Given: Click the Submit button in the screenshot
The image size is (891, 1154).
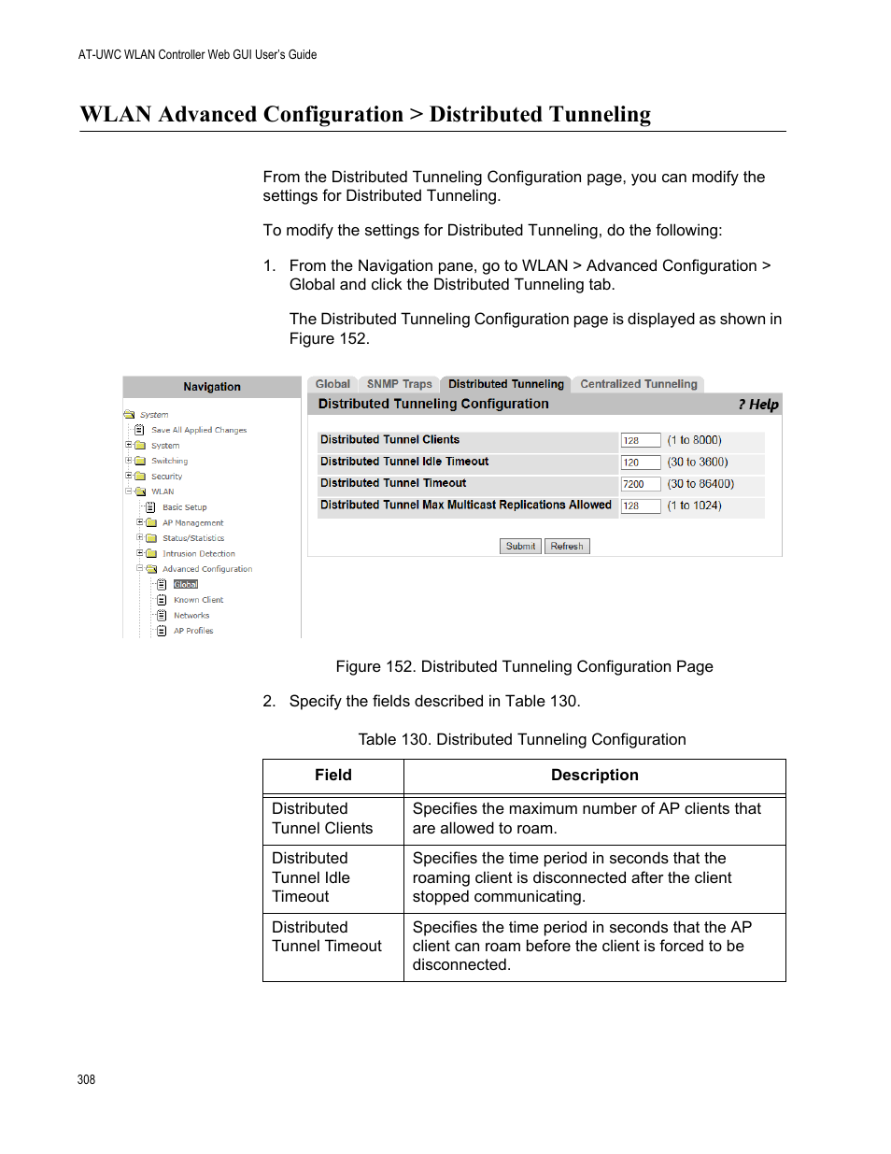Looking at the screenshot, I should [x=520, y=546].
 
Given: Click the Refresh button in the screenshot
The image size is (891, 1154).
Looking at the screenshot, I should [x=567, y=546].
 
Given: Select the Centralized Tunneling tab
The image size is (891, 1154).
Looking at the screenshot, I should [x=638, y=384].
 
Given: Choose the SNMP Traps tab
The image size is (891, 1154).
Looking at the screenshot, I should [x=399, y=384].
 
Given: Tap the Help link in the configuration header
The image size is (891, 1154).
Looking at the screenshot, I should [x=758, y=405].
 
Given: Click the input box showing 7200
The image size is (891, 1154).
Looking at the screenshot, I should [x=640, y=484].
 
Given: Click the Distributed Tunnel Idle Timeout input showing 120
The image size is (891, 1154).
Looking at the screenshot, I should [x=640, y=463].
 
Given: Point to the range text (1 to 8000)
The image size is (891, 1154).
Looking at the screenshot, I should [x=694, y=440].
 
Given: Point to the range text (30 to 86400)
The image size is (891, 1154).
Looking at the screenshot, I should [x=700, y=484].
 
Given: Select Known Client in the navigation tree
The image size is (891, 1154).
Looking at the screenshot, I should [x=198, y=600].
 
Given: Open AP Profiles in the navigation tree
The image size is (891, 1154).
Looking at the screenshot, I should [x=193, y=631].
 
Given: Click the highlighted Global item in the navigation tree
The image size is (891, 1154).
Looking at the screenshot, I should [x=186, y=585].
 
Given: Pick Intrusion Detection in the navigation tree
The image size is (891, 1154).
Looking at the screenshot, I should [x=198, y=554].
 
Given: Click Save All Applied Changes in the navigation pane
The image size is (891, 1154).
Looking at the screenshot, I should [x=199, y=431].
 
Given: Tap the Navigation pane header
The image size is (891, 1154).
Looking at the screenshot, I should [x=212, y=387].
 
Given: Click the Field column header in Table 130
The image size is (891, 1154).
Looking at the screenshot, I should [x=333, y=776].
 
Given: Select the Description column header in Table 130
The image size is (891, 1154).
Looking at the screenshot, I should [x=594, y=776].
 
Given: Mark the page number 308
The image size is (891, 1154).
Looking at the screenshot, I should [x=86, y=1079].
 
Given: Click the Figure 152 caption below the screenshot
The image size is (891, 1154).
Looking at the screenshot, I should [x=524, y=666].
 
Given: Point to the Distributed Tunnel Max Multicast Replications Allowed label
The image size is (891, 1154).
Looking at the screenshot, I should [x=465, y=506].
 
